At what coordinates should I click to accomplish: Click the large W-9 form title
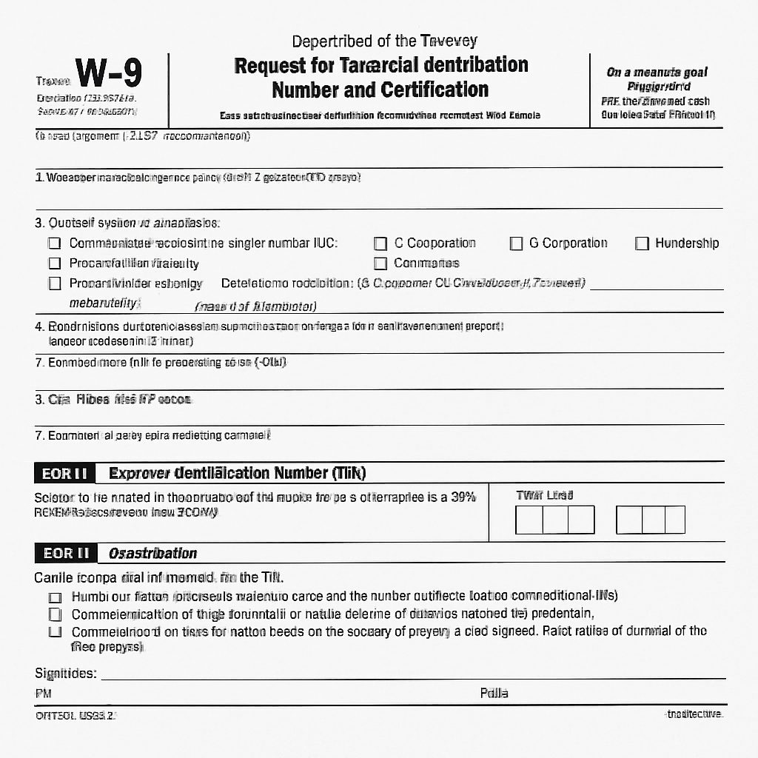[109, 74]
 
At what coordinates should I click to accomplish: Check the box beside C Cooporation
[380, 244]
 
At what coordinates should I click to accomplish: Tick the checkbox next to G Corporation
[517, 244]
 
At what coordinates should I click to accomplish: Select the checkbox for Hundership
[642, 244]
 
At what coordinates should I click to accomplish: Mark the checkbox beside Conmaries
[380, 264]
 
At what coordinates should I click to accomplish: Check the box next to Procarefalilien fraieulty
[54, 264]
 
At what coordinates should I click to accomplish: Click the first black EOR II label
[65, 473]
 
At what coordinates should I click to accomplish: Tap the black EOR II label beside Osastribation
[66, 553]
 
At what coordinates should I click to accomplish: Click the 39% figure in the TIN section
[462, 497]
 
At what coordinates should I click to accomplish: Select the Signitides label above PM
[65, 674]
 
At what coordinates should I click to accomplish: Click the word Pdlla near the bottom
[494, 694]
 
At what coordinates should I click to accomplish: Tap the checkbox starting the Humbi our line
[54, 597]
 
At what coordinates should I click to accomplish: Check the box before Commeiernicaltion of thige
[54, 614]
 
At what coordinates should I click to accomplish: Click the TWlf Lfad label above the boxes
[544, 495]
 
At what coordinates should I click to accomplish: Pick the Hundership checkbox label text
[686, 244]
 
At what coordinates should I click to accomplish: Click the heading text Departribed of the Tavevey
[384, 41]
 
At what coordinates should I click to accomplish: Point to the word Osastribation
[152, 554]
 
